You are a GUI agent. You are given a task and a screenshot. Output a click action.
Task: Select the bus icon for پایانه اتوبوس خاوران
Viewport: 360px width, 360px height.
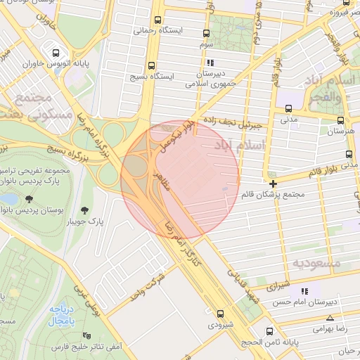coord(56,52)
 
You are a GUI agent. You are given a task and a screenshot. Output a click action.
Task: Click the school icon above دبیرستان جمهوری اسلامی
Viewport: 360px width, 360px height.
coord(205,61)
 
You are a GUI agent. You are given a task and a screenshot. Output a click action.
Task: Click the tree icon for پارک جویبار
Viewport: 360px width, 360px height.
coord(85,210)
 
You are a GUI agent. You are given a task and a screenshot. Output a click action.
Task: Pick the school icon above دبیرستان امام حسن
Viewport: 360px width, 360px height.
coord(304,291)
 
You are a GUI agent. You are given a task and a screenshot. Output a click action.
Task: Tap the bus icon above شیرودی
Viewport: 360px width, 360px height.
coord(221,314)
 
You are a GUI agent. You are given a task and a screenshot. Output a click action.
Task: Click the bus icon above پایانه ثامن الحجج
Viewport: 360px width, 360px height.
coord(269,330)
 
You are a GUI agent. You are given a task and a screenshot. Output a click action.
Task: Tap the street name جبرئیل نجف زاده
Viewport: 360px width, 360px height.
coord(232,124)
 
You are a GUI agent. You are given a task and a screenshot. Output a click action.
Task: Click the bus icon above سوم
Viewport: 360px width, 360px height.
coord(206,33)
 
